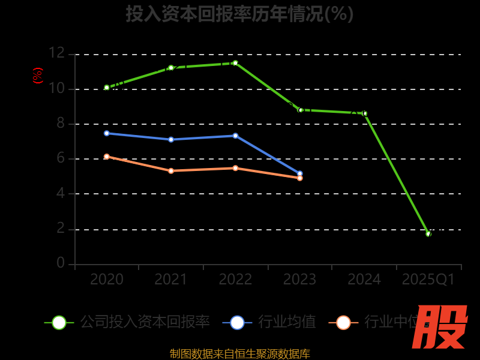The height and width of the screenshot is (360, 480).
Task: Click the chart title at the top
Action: [x=239, y=13]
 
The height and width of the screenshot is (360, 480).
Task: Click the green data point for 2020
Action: [x=107, y=88]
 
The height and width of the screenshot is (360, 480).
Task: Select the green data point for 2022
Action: [x=235, y=63]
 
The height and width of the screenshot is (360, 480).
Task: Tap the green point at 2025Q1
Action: [x=428, y=234]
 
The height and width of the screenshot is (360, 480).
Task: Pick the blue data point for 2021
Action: [x=171, y=139]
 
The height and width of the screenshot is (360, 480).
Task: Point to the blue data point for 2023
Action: [x=300, y=173]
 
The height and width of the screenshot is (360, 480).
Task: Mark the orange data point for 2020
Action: [x=107, y=157]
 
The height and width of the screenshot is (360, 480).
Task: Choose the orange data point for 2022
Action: [x=235, y=168]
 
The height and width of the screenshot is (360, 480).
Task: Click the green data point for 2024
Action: [x=364, y=113]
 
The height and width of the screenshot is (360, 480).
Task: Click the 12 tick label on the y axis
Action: [x=56, y=53]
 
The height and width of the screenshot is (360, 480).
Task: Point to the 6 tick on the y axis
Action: [x=61, y=158]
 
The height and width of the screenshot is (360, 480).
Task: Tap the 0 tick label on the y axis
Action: [x=61, y=263]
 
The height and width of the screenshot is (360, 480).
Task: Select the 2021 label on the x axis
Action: [x=171, y=280]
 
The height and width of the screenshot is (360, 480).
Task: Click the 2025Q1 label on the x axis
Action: [x=428, y=280]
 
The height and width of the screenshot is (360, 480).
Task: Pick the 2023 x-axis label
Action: [x=299, y=280]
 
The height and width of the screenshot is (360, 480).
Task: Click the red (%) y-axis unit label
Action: [x=38, y=76]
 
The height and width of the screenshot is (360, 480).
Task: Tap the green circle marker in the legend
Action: [x=59, y=322]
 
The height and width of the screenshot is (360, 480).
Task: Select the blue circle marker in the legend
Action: [x=237, y=322]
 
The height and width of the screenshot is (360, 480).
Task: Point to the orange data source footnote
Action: [x=239, y=353]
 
